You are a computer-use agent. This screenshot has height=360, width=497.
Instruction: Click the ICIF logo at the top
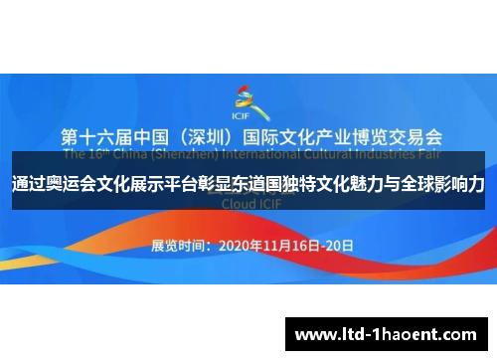[x=245, y=97]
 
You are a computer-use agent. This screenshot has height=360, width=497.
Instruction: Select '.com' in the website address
[x=462, y=333]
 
